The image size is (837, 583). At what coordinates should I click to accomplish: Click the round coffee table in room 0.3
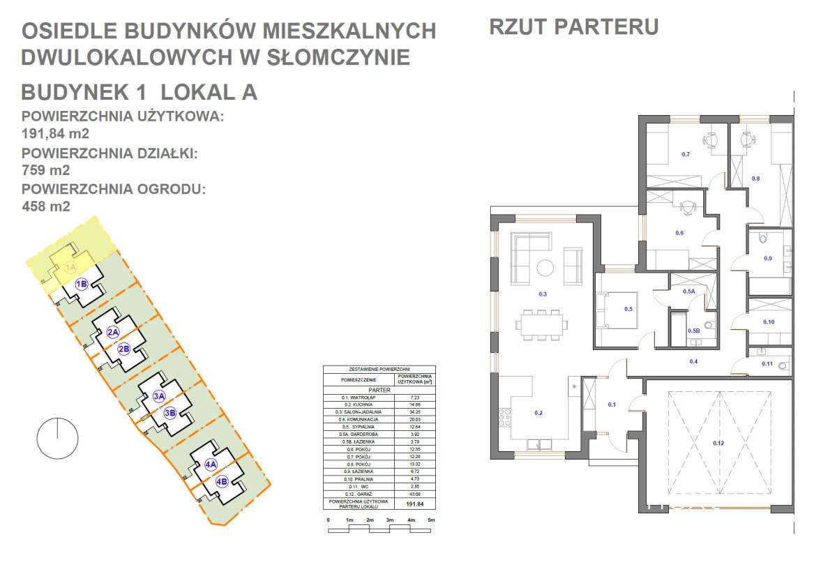pyautogui.click(x=545, y=268)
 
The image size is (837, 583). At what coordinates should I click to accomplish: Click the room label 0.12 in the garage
pyautogui.click(x=718, y=443)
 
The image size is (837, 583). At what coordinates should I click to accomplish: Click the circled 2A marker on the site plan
pyautogui.click(x=114, y=333)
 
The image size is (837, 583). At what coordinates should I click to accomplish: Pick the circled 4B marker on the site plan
pyautogui.click(x=222, y=481)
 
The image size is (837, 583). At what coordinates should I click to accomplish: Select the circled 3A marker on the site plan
pyautogui.click(x=158, y=397)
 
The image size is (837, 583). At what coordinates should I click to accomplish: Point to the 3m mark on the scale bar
pyautogui.click(x=390, y=520)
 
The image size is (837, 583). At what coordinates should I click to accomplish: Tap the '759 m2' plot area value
pyautogui.click(x=46, y=169)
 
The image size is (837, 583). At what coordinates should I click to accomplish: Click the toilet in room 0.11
pyautogui.click(x=783, y=365)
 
